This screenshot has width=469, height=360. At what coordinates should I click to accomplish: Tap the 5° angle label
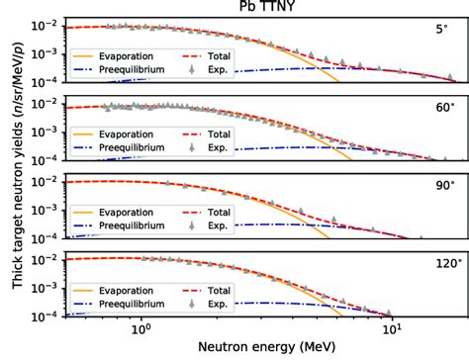coord(442,31)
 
